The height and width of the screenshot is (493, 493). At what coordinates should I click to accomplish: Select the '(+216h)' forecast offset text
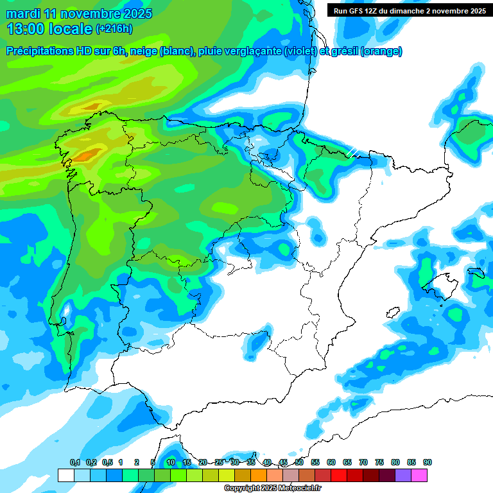[114, 29]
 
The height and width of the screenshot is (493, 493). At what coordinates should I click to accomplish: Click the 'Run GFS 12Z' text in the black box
[356, 11]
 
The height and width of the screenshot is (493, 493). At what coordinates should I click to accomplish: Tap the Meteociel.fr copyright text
[272, 489]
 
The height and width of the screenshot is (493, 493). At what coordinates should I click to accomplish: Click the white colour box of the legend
[65, 475]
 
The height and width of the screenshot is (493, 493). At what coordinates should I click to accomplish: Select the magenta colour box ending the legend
[419, 475]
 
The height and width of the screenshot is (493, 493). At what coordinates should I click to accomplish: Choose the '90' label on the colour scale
[428, 462]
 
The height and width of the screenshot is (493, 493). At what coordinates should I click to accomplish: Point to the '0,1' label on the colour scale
[74, 462]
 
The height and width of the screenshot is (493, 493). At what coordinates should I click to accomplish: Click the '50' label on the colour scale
[299, 462]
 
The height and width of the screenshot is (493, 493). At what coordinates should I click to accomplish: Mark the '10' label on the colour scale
[171, 462]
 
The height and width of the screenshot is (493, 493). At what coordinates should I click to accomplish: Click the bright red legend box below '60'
[339, 475]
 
